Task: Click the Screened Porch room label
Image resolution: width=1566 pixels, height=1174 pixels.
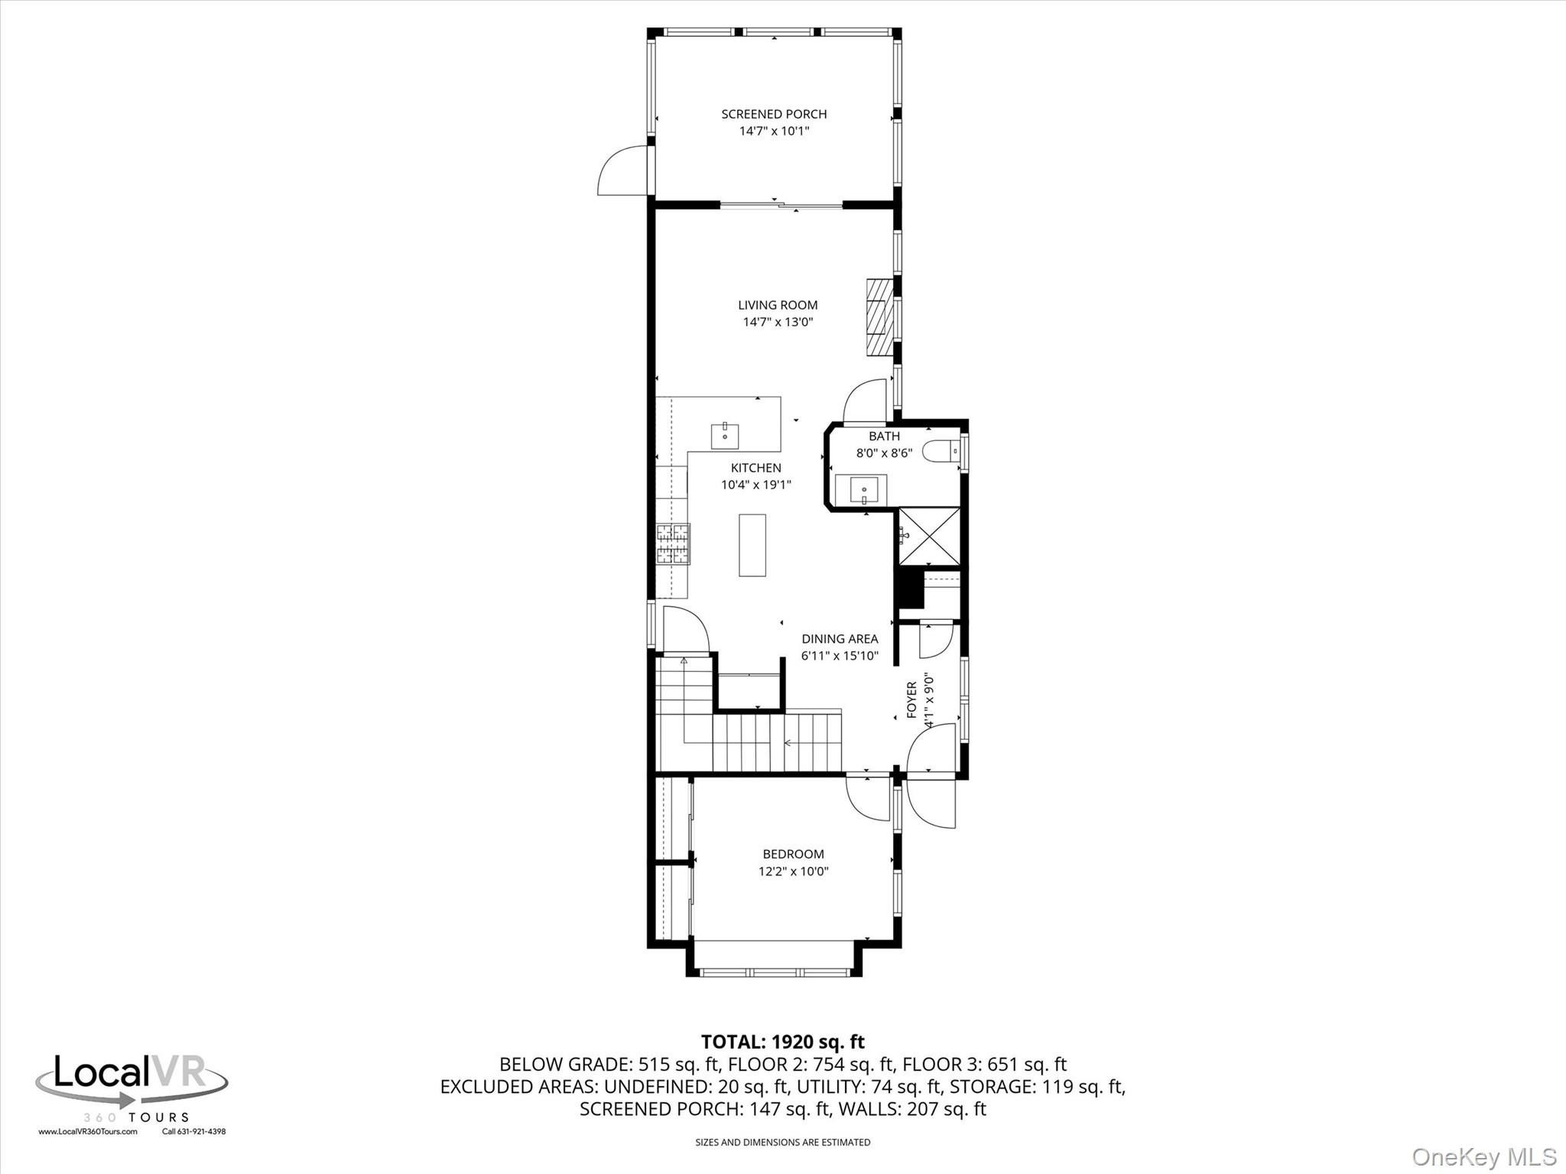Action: click(x=774, y=114)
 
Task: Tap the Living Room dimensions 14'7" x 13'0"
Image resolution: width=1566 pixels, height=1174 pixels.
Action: click(x=778, y=322)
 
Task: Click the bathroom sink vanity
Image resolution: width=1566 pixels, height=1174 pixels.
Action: click(x=861, y=489)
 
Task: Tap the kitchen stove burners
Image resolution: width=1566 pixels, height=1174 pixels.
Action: click(x=673, y=543)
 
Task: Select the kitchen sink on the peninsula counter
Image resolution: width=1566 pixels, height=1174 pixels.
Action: click(x=189, y=436)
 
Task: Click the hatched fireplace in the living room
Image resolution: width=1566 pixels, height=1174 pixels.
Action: click(x=879, y=317)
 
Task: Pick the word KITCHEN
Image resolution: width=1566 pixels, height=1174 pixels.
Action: click(x=755, y=468)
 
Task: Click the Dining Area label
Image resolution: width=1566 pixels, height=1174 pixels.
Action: click(x=840, y=639)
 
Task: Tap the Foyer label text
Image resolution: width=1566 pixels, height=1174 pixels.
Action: click(x=911, y=700)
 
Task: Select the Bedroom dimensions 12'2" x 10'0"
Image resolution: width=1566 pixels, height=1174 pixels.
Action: click(x=793, y=871)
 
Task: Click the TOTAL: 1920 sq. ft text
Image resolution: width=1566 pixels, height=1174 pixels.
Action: click(x=783, y=1042)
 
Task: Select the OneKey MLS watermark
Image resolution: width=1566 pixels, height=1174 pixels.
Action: click(x=1484, y=1156)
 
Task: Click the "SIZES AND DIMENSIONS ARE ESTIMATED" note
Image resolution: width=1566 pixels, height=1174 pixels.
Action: click(x=782, y=1143)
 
